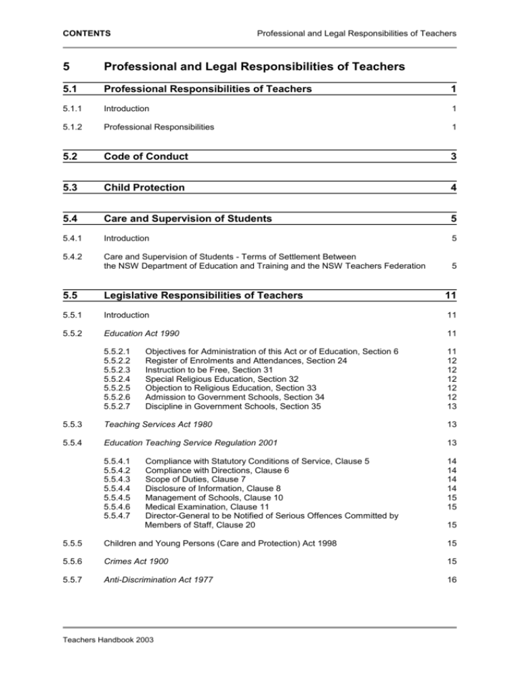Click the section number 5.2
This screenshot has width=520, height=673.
[71, 156]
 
